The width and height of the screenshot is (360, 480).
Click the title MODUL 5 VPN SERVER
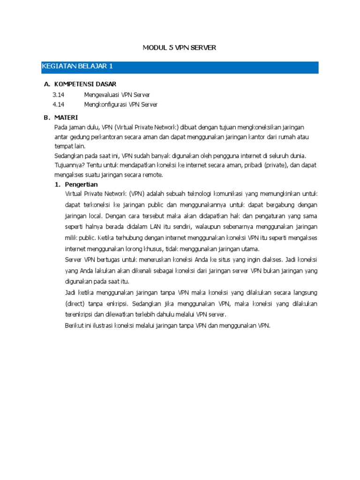point(179,48)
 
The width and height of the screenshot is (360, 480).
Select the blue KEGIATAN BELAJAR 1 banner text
point(77,67)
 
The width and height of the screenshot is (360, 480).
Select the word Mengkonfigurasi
point(105,105)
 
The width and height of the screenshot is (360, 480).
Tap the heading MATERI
point(66,117)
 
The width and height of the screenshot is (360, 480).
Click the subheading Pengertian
point(82,185)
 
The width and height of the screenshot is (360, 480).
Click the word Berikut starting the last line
point(75,325)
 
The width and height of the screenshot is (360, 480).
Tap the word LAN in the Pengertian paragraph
point(143,227)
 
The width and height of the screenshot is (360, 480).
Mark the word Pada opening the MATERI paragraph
point(61,127)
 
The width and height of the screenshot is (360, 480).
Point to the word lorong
point(133,248)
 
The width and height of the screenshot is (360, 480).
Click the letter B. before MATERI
point(47,117)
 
